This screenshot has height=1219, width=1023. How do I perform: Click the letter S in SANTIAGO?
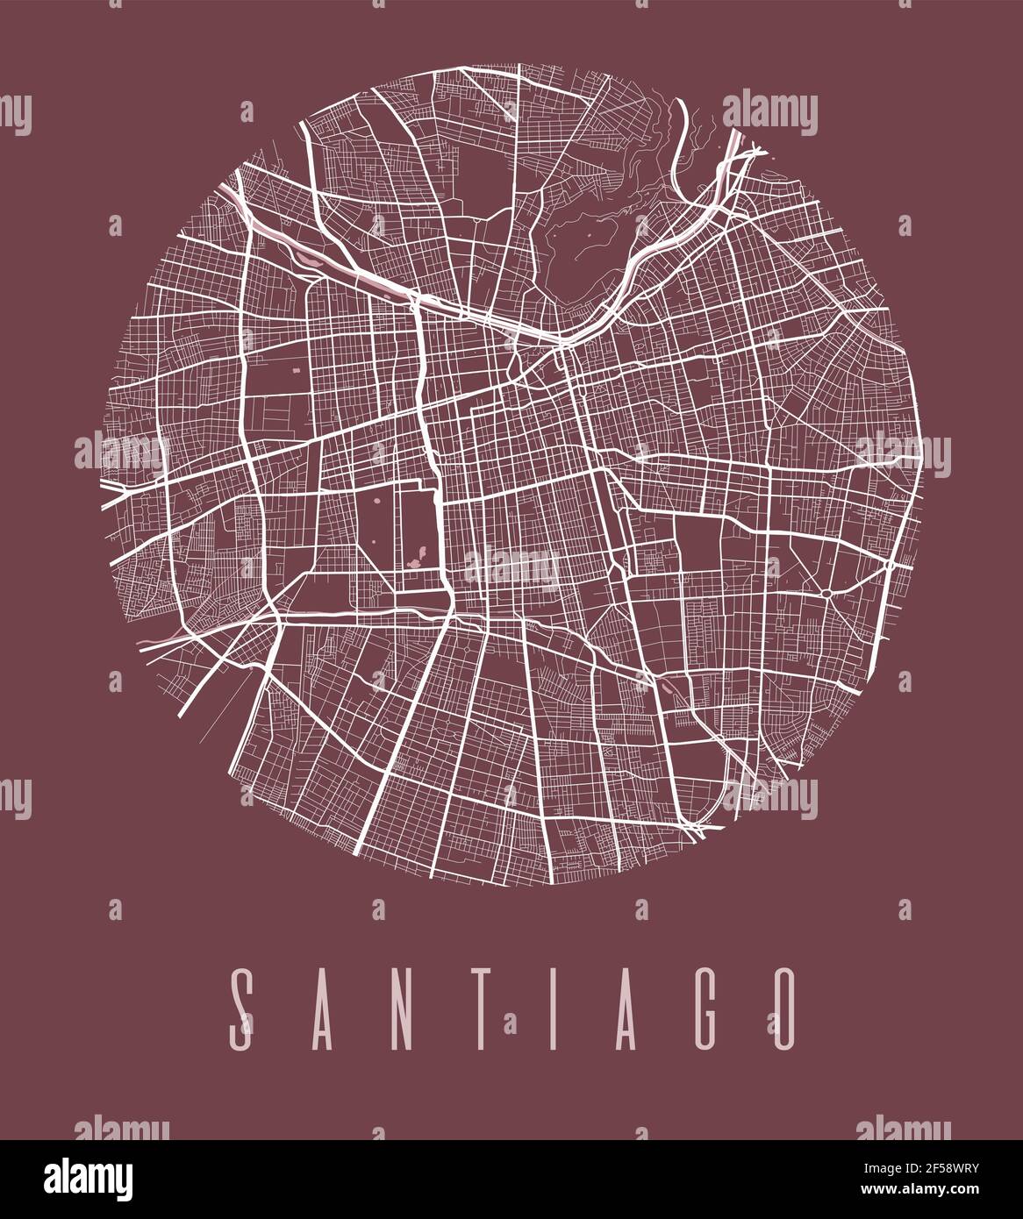242,1009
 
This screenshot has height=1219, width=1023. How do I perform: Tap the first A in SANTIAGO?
324,1009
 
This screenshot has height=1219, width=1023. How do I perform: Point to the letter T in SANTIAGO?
483,1009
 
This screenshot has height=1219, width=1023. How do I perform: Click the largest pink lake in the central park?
415,558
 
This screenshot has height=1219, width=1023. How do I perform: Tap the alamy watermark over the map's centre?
511,568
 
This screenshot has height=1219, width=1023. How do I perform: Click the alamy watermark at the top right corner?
769,113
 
